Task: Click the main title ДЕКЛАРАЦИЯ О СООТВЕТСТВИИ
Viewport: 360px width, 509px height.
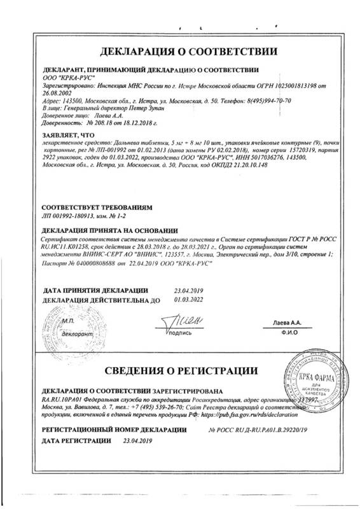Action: pyautogui.click(x=181, y=51)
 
